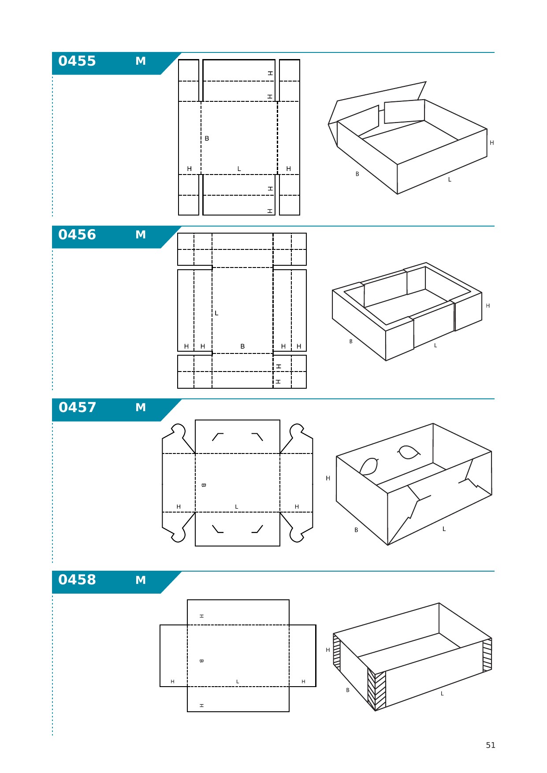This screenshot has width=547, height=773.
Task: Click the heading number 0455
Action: point(77,61)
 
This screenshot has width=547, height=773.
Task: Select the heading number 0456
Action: point(77,234)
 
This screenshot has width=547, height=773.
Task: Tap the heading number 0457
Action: point(77,407)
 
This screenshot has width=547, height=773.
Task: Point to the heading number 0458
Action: point(77,580)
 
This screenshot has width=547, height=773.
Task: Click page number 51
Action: point(491,745)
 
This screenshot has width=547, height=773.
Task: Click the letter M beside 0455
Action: point(141,61)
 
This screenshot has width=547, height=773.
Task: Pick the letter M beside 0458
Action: point(141,580)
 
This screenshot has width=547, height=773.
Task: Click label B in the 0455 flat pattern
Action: point(207,138)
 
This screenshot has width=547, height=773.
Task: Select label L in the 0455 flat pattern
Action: point(239,169)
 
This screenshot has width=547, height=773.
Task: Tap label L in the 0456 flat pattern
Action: point(216,313)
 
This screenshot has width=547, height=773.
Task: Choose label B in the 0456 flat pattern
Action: point(242,346)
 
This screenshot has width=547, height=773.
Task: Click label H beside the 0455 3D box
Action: point(492,143)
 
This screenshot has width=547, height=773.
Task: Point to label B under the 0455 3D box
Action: point(357,174)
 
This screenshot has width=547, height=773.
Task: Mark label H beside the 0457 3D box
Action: point(328,478)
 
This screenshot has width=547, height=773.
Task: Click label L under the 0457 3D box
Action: point(444,529)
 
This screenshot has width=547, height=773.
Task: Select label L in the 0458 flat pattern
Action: point(238,682)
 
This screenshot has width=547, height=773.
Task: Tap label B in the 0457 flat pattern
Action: point(203,485)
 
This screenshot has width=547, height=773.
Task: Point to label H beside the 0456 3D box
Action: point(488,306)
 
